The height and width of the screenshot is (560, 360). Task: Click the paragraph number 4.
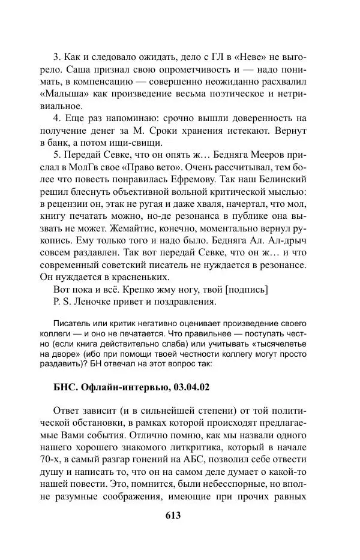[56, 119]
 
